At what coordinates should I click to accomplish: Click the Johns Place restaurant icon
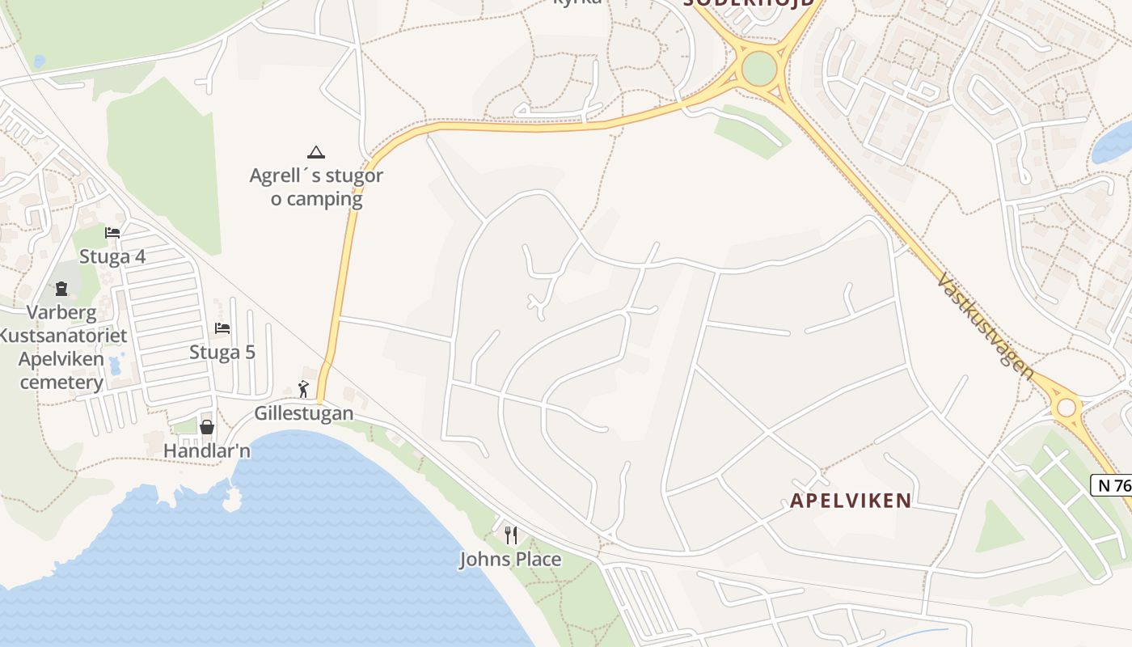pos(510,535)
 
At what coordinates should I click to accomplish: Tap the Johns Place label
pos(510,559)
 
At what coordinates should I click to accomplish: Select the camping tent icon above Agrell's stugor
pos(316,152)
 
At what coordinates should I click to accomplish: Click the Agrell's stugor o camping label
pos(316,187)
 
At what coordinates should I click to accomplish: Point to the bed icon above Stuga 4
pos(112,233)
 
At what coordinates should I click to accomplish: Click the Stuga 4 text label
pos(112,257)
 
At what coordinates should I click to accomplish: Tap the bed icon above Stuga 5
pos(222,328)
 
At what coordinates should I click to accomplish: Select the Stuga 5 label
pos(222,353)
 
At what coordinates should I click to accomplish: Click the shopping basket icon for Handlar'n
pos(207,427)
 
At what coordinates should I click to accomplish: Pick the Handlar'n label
pos(207,450)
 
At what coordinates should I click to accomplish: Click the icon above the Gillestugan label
pos(304,389)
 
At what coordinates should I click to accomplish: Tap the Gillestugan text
pos(304,413)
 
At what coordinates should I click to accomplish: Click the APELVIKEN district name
pos(851,501)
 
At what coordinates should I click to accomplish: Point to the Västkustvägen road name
pos(985,325)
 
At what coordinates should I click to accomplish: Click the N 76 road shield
pos(1113,485)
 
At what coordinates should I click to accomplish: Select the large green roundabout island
pos(758,69)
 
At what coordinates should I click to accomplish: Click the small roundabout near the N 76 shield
pos(1067,407)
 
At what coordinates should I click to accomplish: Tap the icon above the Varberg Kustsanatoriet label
pos(61,289)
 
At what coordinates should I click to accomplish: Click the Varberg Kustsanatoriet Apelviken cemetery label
pos(61,347)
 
